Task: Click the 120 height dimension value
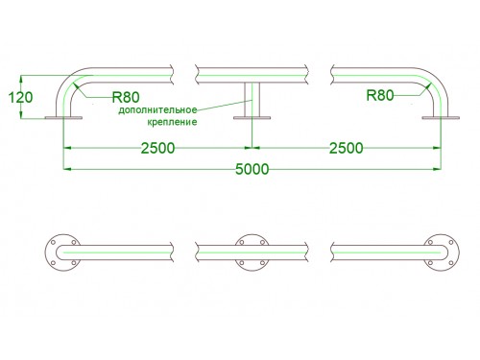[x=20, y=97]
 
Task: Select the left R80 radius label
[x=126, y=97]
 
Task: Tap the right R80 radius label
[x=380, y=95]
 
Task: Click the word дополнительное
[x=157, y=110]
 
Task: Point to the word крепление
[x=172, y=122]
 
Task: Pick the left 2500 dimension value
[x=157, y=148]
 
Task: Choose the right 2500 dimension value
[x=347, y=148]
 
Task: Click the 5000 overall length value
[x=252, y=169]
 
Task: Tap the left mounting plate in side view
[x=63, y=118]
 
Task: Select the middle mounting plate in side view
[x=252, y=118]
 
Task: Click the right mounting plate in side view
[x=441, y=118]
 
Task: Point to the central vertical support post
[x=252, y=100]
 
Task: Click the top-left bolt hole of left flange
[x=54, y=242]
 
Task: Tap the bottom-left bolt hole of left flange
[x=54, y=263]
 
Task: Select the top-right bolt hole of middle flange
[x=262, y=242]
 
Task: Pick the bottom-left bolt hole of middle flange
[x=242, y=263]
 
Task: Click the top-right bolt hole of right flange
[x=451, y=242]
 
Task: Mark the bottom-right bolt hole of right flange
[x=451, y=263]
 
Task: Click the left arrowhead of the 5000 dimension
[x=66, y=169]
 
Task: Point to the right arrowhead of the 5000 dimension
[x=438, y=169]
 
